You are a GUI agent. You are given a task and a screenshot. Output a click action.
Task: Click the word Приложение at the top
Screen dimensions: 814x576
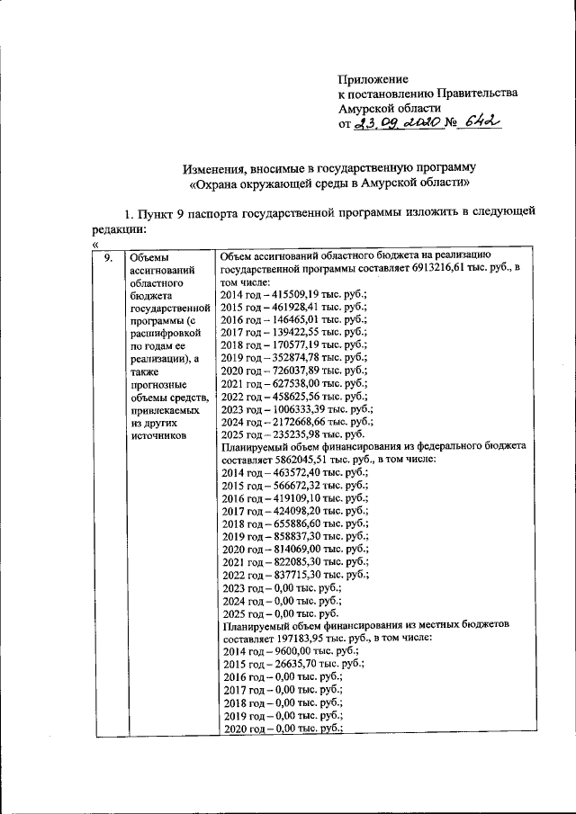coord(373,80)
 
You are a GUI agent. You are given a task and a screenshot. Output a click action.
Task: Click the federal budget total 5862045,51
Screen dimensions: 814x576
coord(292,459)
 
